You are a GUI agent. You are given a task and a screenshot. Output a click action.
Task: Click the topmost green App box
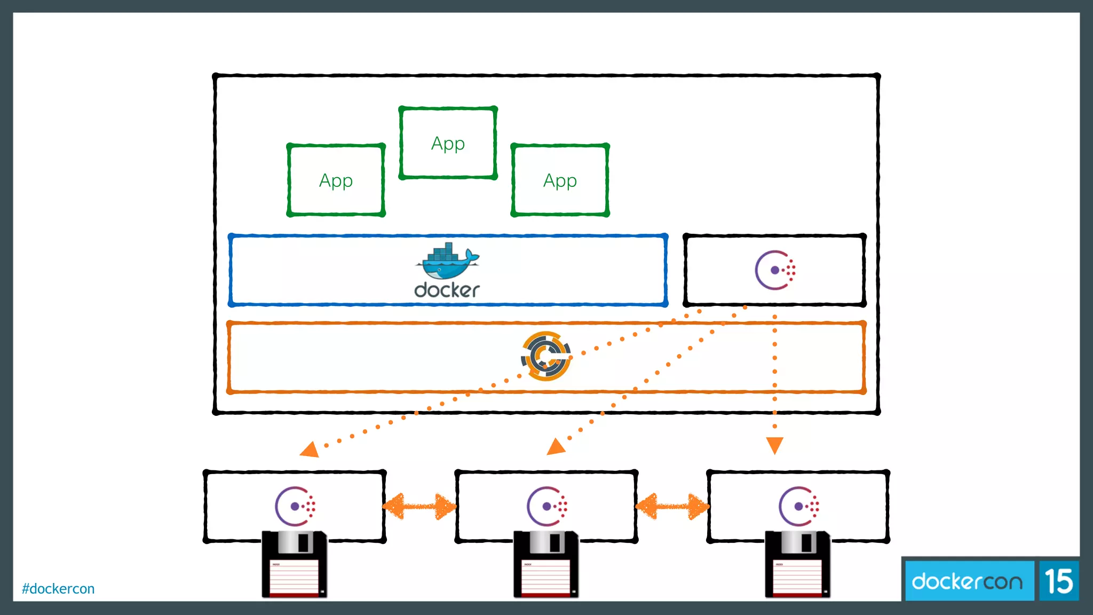(448, 143)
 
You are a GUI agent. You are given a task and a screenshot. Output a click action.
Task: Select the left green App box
(336, 180)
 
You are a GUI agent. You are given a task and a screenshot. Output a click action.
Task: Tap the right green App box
(560, 180)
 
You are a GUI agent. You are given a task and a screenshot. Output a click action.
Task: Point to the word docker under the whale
(447, 290)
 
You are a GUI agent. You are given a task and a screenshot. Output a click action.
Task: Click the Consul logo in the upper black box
(775, 270)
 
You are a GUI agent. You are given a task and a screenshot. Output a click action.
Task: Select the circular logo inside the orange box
(545, 356)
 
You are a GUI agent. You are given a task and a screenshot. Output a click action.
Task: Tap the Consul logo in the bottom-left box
(295, 506)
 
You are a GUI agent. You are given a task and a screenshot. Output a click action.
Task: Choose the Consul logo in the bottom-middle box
(547, 506)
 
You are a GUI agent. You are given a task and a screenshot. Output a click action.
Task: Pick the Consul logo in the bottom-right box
(799, 506)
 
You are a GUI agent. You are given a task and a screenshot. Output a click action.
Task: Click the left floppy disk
(294, 565)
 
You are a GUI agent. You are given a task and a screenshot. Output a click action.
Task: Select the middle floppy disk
(546, 565)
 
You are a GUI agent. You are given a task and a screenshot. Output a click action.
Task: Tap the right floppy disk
(798, 565)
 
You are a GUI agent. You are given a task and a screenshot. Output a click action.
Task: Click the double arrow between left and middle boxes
(420, 507)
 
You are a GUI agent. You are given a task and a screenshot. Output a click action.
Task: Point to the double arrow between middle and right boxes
(672, 507)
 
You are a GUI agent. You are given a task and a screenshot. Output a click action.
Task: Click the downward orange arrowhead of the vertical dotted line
(774, 445)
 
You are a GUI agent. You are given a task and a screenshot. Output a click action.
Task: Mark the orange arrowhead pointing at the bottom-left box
(310, 450)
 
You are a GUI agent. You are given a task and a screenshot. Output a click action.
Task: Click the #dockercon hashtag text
(58, 589)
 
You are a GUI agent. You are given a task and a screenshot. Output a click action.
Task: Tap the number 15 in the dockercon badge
(1059, 581)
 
